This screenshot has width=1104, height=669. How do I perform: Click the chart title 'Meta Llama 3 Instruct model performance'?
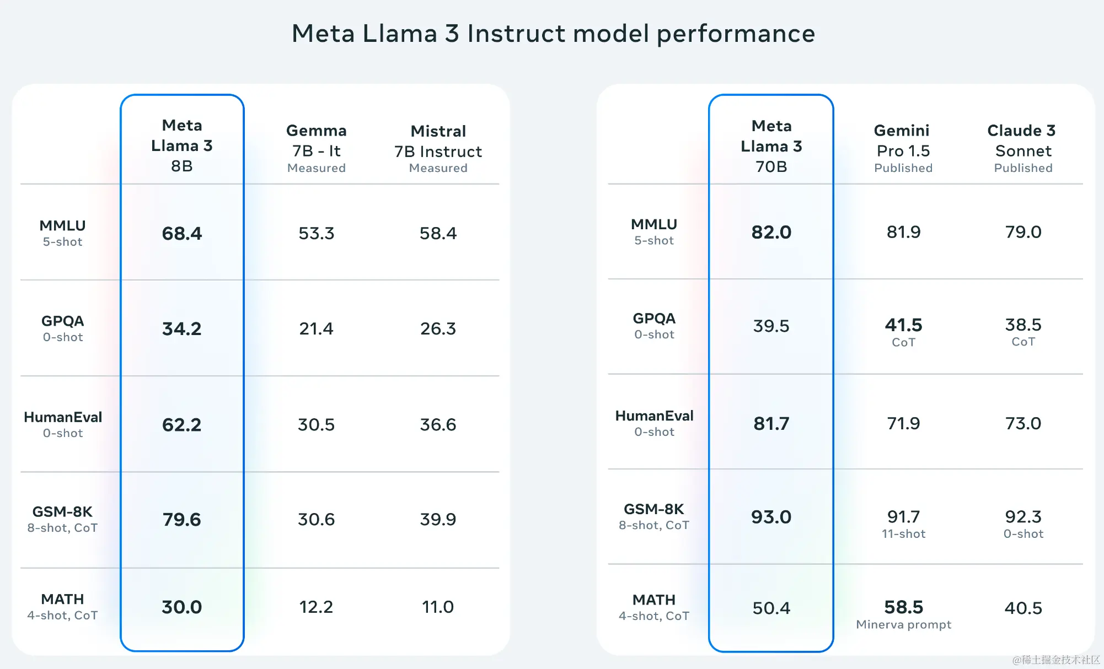553,34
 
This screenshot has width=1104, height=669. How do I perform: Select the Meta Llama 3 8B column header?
182,145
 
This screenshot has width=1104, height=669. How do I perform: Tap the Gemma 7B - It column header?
317,148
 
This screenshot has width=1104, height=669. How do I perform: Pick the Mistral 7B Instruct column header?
438,149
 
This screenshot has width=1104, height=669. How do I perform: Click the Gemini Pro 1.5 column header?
903,148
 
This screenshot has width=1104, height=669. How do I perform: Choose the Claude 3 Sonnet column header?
1023,148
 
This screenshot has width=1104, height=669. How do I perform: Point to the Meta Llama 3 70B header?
771,146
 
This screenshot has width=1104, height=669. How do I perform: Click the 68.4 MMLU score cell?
182,234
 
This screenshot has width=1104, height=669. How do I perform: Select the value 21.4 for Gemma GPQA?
317,329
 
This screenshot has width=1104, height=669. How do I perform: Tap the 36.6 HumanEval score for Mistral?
438,425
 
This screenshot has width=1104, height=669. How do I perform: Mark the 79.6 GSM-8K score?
182,520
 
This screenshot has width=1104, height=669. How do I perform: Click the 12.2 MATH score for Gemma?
317,607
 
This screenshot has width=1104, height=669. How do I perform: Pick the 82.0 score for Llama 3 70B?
771,233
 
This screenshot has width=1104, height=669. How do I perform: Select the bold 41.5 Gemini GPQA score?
903,325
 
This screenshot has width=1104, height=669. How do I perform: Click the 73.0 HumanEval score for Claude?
1023,424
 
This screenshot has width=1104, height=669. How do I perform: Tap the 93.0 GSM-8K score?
771,517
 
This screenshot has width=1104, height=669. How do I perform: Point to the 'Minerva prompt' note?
903,625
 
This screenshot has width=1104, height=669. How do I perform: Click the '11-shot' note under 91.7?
903,534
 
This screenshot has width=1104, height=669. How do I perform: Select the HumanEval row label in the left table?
63,424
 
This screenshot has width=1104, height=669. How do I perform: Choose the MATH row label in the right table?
654,607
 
